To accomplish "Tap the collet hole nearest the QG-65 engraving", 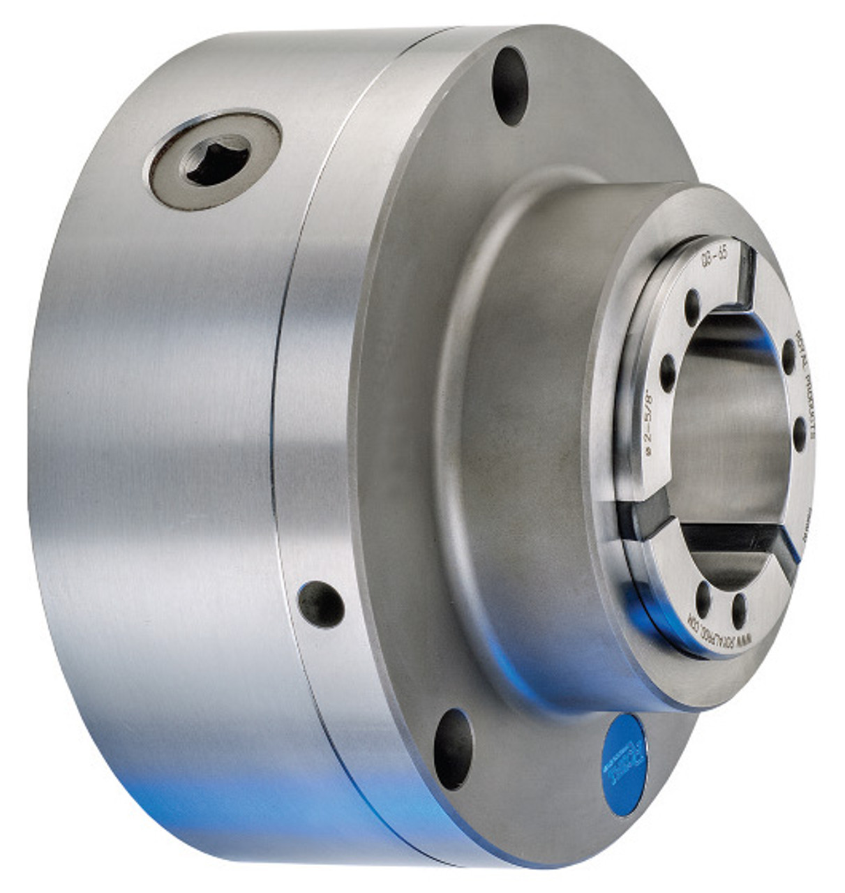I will (692, 303).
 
